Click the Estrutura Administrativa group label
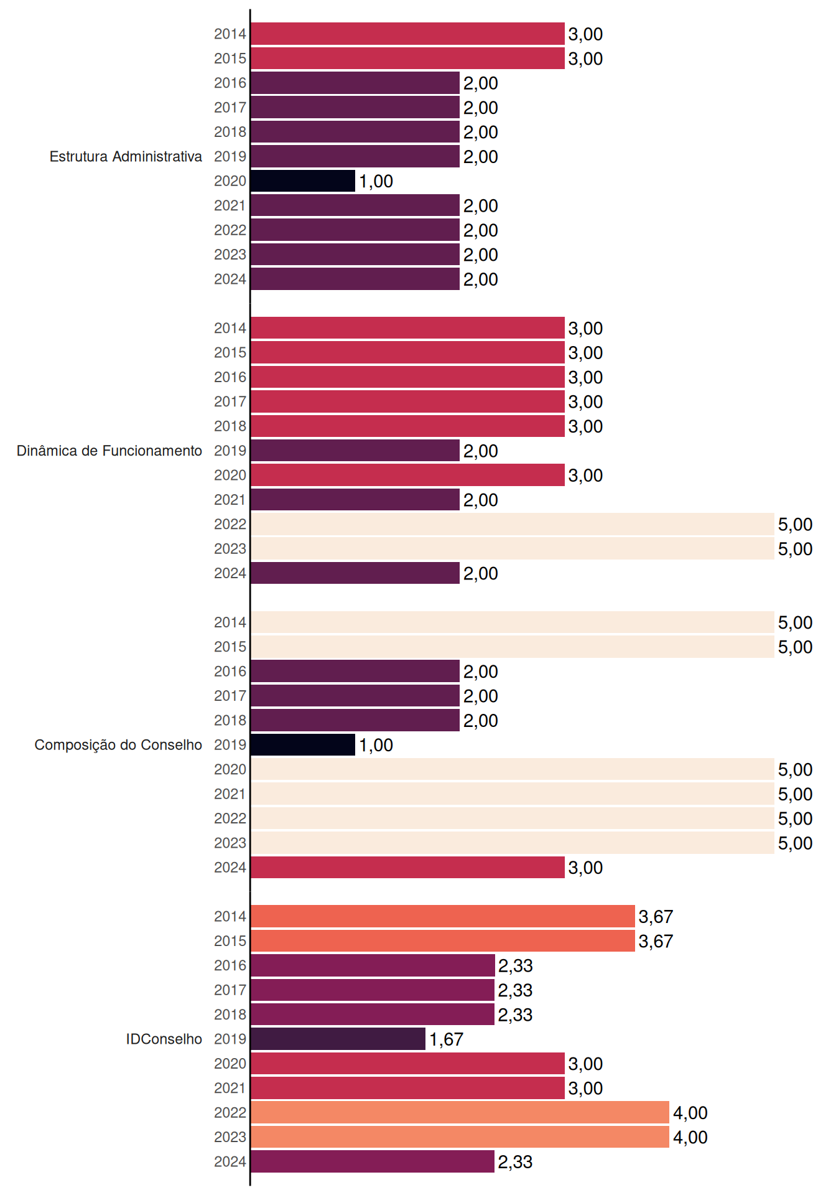tap(126, 156)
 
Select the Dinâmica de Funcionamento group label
tap(109, 451)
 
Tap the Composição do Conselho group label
tap(118, 745)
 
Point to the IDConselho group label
tap(164, 1039)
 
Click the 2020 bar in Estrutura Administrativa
tap(303, 181)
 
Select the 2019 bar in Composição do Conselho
tap(303, 745)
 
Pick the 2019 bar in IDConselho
tap(338, 1039)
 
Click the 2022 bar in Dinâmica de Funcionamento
tap(513, 524)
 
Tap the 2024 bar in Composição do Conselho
tap(407, 868)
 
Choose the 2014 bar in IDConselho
tap(443, 916)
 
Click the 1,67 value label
tap(446, 1039)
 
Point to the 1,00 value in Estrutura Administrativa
tap(376, 182)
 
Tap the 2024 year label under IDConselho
tap(230, 1161)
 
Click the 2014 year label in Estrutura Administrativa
tap(230, 34)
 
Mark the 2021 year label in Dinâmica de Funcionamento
tap(230, 500)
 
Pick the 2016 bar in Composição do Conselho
tap(355, 671)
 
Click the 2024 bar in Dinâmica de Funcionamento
tap(355, 573)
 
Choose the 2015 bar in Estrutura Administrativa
tap(407, 59)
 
